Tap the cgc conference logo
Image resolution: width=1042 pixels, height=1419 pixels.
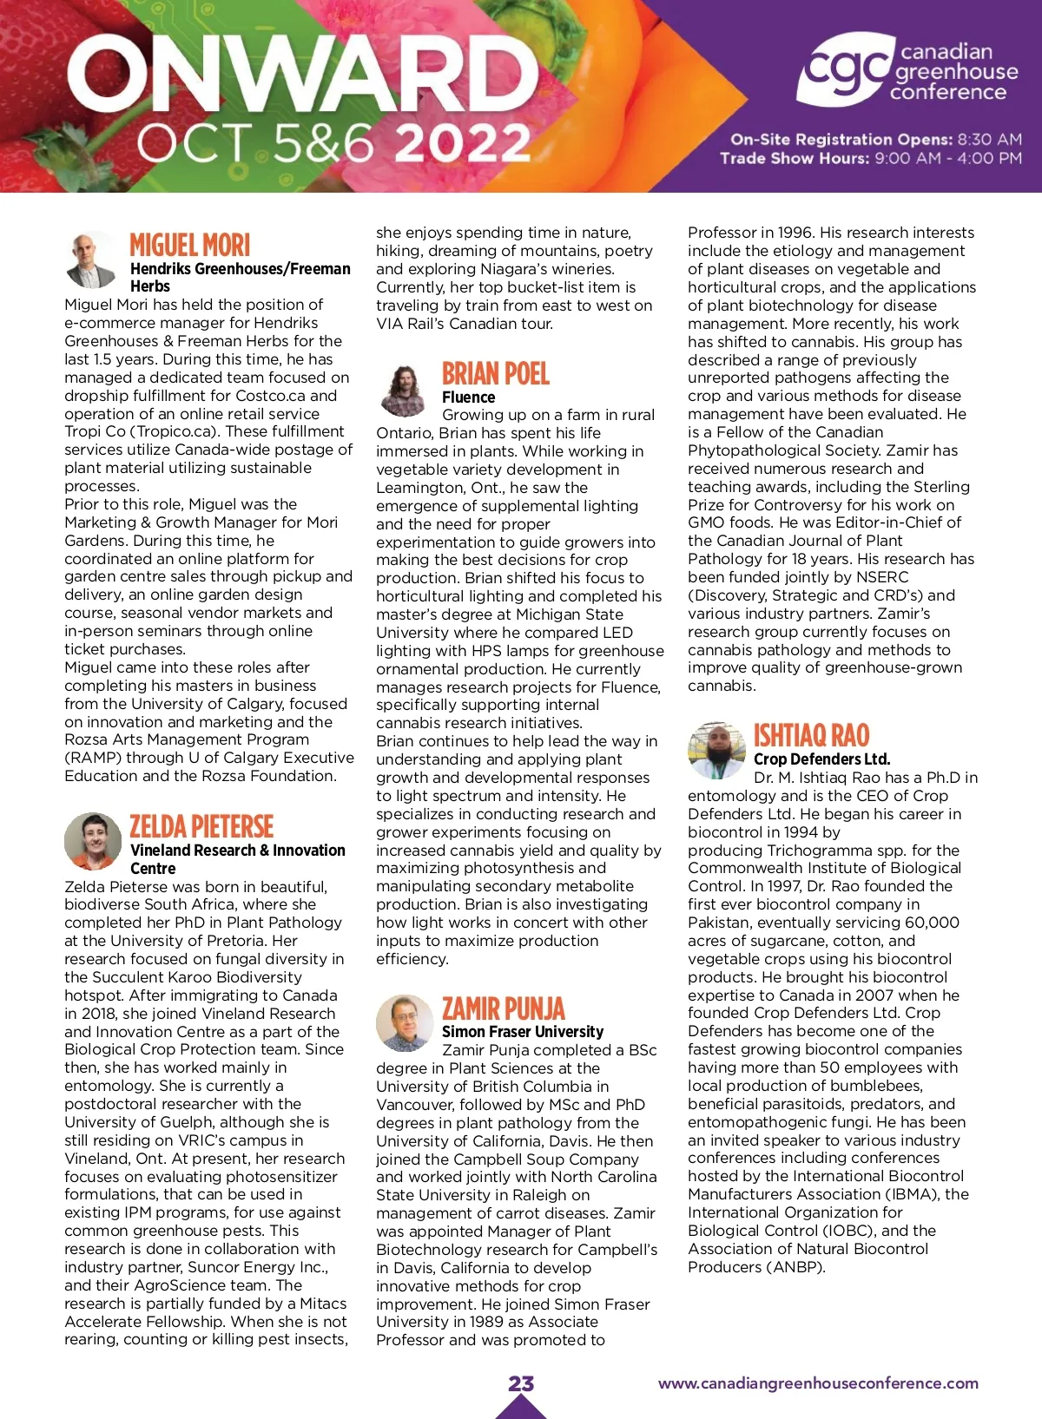coord(907,71)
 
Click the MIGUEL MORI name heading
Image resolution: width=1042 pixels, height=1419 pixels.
coord(189,245)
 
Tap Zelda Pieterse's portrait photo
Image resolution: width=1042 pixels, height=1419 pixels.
coord(93,841)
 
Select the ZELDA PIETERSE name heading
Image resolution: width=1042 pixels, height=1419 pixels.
coord(201,826)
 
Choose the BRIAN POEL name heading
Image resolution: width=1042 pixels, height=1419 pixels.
coord(496,374)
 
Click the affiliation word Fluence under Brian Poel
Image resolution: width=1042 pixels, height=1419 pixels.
coord(468,397)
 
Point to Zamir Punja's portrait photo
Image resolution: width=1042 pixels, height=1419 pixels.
coord(404,1023)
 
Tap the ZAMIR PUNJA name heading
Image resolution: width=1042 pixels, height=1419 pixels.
coord(503,1008)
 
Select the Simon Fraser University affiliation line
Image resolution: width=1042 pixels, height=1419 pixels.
coord(522,1031)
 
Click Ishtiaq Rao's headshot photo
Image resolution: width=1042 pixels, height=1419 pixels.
coord(716,749)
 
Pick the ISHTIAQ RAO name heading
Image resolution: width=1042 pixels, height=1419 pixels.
coord(811,736)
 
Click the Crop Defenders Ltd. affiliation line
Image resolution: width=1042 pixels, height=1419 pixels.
coord(821,759)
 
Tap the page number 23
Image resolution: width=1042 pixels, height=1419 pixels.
coord(521,1383)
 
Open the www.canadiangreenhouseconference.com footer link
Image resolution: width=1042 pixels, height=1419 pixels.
coord(818,1383)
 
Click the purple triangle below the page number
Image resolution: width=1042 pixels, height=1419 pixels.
coord(521,1408)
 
